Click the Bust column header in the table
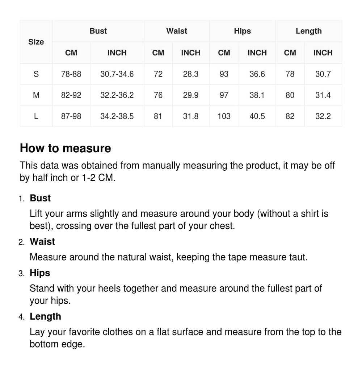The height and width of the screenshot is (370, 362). [x=98, y=31]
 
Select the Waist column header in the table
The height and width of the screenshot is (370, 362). [x=177, y=31]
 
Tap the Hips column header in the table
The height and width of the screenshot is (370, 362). [x=242, y=31]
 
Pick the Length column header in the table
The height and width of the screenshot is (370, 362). [x=308, y=31]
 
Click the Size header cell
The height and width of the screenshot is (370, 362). [x=36, y=42]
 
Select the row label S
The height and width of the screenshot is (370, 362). [x=36, y=74]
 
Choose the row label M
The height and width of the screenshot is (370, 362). [x=36, y=95]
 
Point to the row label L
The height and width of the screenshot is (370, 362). [x=36, y=116]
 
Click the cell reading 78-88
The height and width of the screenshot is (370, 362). [x=71, y=74]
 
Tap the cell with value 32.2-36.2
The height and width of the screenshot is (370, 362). [x=117, y=95]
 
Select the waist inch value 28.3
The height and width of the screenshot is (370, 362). [x=190, y=74]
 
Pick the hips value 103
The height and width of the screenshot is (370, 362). [x=224, y=116]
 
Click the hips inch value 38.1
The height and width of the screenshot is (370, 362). [x=257, y=95]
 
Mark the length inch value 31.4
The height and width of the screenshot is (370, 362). [x=323, y=95]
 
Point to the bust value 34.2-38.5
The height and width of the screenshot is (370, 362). [x=117, y=116]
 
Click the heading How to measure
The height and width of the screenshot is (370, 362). [x=66, y=148]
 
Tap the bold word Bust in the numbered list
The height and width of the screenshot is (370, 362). [x=40, y=198]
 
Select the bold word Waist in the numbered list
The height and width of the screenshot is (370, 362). [x=42, y=242]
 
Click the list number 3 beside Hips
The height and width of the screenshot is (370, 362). [x=21, y=274]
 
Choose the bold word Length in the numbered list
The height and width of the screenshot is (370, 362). [x=45, y=316]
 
